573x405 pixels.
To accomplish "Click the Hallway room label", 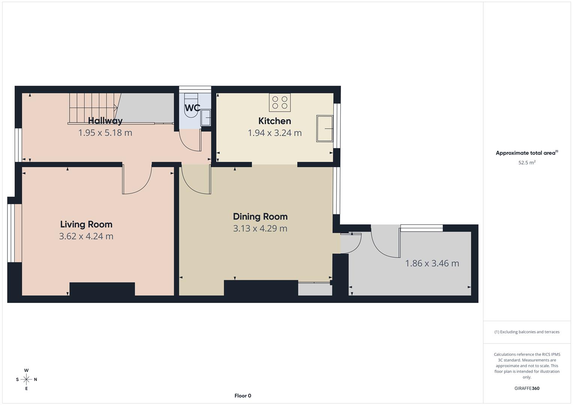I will click(x=105, y=121).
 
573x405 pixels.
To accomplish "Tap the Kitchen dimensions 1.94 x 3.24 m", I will click(x=275, y=133).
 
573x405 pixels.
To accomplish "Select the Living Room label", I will click(x=86, y=224).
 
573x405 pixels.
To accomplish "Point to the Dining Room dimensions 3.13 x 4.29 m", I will click(x=260, y=228).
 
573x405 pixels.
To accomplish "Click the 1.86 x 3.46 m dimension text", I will click(x=432, y=263).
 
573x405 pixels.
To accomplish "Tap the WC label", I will click(x=192, y=108).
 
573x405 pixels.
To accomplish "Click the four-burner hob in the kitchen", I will click(x=280, y=102).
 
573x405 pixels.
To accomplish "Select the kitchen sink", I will click(x=325, y=129).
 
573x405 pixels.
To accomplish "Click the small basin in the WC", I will click(x=206, y=118).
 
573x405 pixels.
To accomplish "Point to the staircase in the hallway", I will click(x=93, y=108).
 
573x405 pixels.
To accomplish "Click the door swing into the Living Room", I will click(x=137, y=180).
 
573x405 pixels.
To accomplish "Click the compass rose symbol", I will click(x=26, y=379).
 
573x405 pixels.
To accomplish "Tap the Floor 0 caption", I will click(x=243, y=396).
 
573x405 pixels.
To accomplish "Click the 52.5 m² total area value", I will click(x=527, y=163).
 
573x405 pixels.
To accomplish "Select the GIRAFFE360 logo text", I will click(x=527, y=388).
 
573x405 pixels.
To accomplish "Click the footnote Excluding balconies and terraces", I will click(x=527, y=332).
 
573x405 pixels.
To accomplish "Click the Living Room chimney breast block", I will click(x=102, y=289).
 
